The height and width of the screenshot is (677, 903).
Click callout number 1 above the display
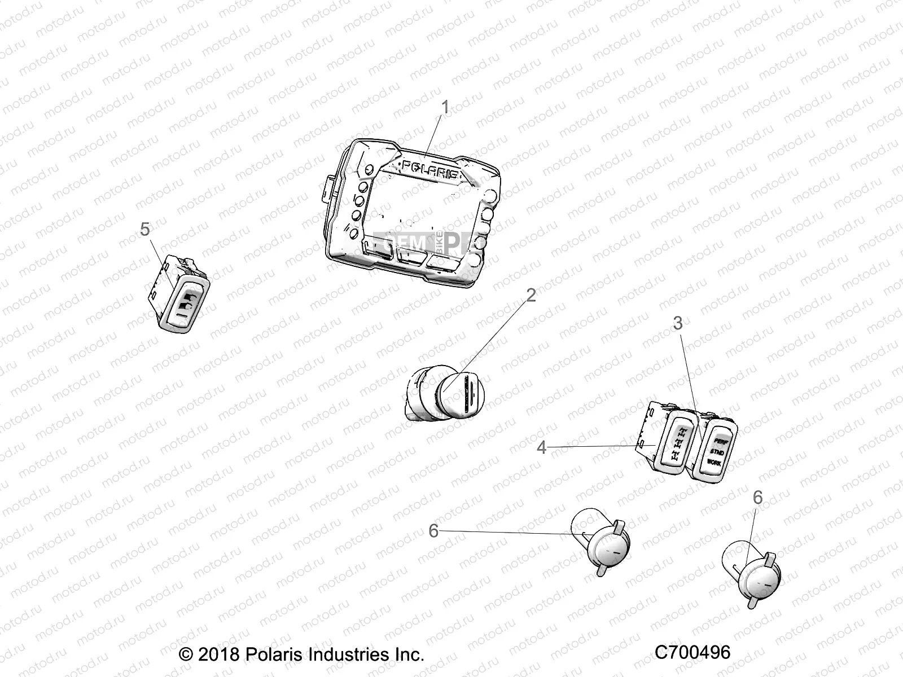point(445,107)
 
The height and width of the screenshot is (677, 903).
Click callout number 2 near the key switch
point(531,295)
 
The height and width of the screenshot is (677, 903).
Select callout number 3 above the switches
point(678,323)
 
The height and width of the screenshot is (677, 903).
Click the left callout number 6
point(433,531)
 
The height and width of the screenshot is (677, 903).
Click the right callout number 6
point(757,498)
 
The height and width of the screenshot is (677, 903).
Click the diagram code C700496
point(692,652)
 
